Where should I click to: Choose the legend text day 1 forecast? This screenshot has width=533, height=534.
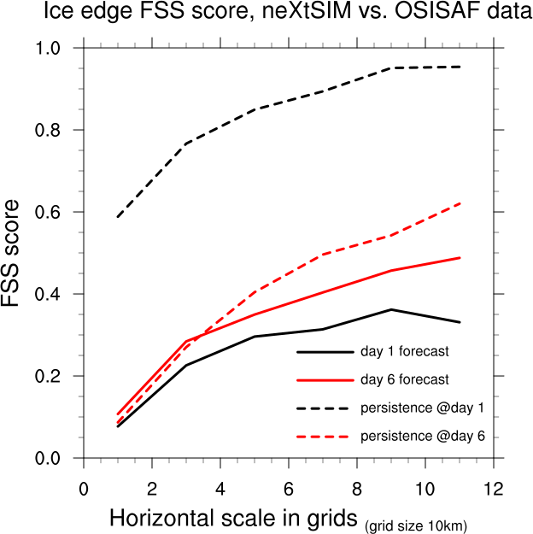[405, 351]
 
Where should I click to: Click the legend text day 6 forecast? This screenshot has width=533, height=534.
[405, 379]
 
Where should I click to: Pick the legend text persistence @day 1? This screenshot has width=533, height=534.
[423, 408]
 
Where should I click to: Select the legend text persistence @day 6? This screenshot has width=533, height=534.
[423, 437]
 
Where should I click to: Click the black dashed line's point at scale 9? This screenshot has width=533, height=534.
[391, 67]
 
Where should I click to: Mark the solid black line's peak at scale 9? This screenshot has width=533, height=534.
[391, 309]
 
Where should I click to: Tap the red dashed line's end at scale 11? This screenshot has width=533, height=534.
[460, 203]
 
